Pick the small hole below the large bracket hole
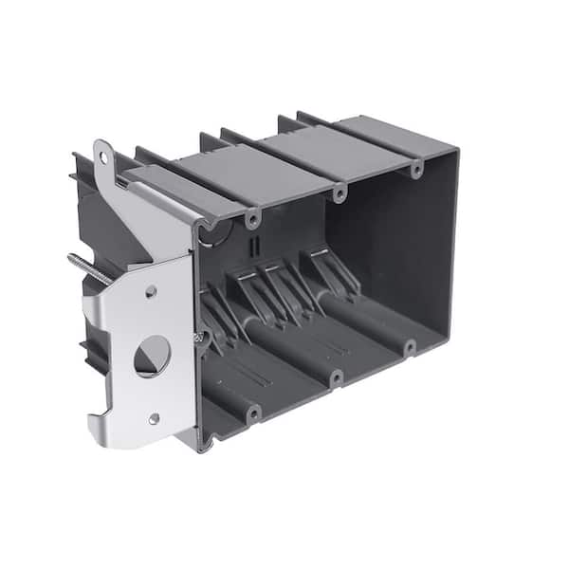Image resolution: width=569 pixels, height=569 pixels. click(x=153, y=417)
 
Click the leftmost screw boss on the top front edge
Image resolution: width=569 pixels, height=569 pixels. click(x=252, y=219)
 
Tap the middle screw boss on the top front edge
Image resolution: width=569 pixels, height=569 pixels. click(x=339, y=193)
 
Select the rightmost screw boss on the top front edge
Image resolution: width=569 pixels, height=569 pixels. click(x=415, y=169)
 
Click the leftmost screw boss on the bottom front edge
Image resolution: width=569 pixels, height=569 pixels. click(x=252, y=413)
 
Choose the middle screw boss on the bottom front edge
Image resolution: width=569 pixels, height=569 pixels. click(x=336, y=377)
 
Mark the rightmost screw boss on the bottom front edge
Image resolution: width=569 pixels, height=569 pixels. click(x=409, y=348)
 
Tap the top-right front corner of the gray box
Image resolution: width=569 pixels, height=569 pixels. click(x=456, y=152)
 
